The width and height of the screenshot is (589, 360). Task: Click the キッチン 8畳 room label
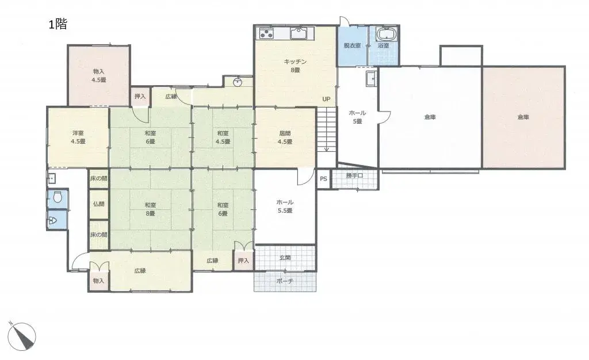coord(295,66)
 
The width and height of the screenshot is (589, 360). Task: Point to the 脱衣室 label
coord(352,45)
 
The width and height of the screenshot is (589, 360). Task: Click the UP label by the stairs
coord(326,99)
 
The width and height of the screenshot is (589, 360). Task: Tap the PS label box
coord(323,179)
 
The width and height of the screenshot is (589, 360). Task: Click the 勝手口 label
coord(355,176)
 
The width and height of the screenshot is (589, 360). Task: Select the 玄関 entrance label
coord(285,258)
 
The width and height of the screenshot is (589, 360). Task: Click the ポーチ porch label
coord(285,281)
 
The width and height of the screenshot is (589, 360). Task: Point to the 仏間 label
coord(98,205)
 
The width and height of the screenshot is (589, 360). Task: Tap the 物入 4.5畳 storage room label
coord(98,75)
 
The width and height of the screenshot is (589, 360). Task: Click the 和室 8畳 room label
coord(150,209)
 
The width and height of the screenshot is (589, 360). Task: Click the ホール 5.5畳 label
coord(285,206)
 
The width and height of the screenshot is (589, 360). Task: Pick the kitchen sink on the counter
coord(299,33)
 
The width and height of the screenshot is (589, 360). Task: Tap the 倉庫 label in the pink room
coord(523,117)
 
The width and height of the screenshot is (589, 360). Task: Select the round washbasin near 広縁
coord(237,82)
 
